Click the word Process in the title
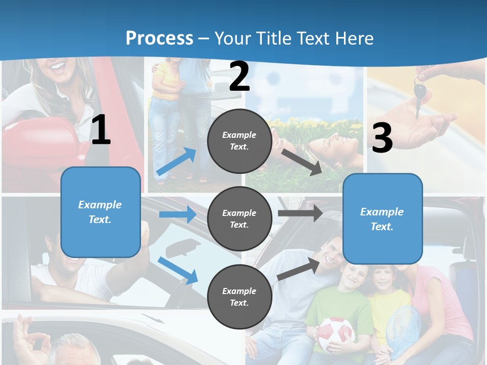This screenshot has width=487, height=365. click(159, 38)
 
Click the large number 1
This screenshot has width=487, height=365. click(101, 130)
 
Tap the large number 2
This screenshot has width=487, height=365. click(239, 77)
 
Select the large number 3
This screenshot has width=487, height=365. click(382, 138)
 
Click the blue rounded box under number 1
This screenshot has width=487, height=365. click(100, 212)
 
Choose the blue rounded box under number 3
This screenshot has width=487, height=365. click(382, 218)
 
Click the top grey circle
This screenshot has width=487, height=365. click(239, 141)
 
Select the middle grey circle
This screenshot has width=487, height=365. click(239, 218)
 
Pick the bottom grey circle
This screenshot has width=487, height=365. click(239, 297)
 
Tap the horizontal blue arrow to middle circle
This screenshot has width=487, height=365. click(178, 214)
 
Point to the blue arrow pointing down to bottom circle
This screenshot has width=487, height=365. click(178, 270)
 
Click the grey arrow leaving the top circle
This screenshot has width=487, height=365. click(302, 162)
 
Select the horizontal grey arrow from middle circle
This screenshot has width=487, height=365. click(300, 213)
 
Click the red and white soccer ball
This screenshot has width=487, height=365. click(335, 334)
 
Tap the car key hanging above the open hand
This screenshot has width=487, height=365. click(420, 94)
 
